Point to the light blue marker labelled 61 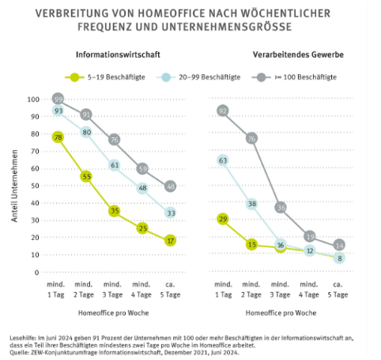click(x=115, y=166)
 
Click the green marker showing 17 click(x=170, y=241)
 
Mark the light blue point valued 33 click(x=170, y=213)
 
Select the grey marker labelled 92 click(x=223, y=111)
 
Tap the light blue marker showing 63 click(x=223, y=161)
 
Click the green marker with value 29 click(x=223, y=219)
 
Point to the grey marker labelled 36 click(x=280, y=208)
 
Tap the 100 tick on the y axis click(x=33, y=99)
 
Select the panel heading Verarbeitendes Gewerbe click(x=280, y=56)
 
